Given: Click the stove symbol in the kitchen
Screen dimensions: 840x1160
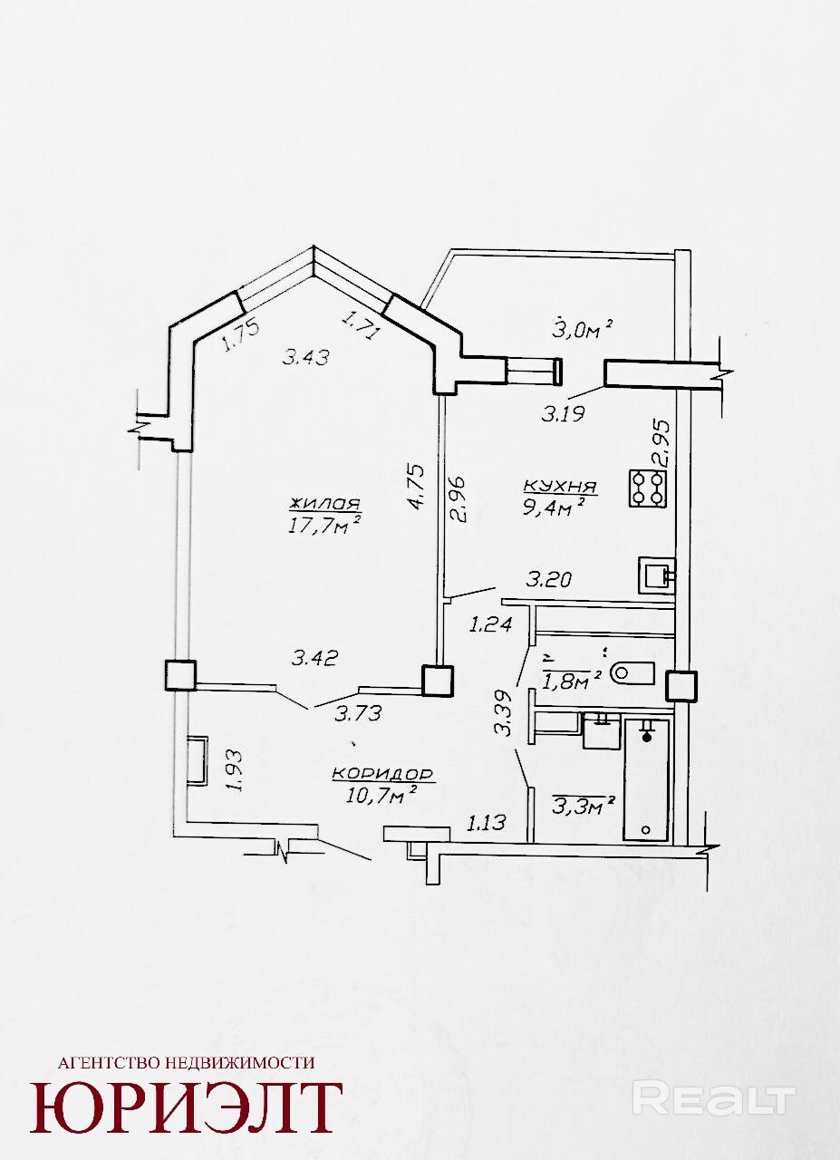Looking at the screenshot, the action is click(647, 488).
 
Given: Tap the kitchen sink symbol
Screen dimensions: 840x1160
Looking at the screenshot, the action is click(657, 575).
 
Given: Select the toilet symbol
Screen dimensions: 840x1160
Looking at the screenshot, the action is click(632, 672).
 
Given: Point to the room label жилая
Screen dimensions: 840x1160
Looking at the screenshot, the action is click(324, 503).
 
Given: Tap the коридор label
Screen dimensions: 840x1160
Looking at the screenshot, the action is click(382, 774).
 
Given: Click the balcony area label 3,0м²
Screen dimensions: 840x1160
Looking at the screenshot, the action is click(583, 329).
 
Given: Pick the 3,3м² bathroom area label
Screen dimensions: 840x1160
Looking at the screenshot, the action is click(584, 806).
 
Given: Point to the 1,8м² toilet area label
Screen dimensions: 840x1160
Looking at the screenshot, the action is click(573, 680).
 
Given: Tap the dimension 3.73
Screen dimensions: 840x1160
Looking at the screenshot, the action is click(358, 714).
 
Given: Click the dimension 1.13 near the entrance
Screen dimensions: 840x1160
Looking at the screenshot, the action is click(486, 822).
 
